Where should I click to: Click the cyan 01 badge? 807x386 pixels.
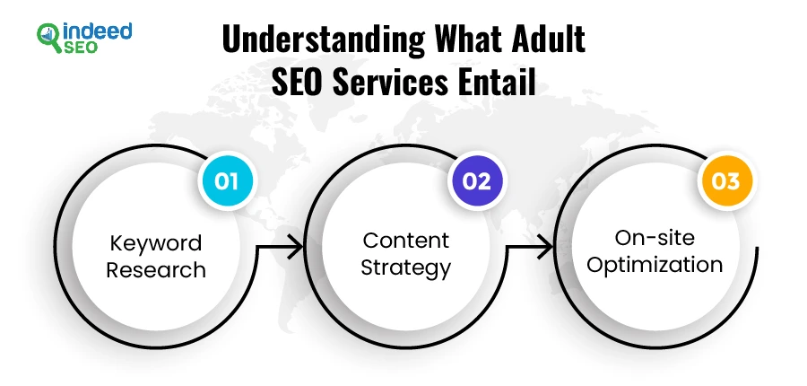tap(227, 181)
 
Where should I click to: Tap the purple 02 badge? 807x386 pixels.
tap(476, 181)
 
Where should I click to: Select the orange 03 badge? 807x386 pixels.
tap(725, 181)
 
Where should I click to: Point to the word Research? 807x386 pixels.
tap(156, 270)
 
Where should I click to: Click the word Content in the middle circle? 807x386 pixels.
tap(405, 241)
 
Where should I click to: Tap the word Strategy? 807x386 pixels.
tap(405, 268)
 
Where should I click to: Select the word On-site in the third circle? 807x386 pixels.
tap(655, 238)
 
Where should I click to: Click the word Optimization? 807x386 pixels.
tap(655, 265)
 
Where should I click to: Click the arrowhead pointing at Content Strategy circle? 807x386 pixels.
tap(297, 248)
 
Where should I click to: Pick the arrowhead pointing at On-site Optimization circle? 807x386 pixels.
tap(546, 248)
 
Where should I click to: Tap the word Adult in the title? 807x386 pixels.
tap(552, 39)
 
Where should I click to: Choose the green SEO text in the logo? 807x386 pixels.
tap(80, 48)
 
